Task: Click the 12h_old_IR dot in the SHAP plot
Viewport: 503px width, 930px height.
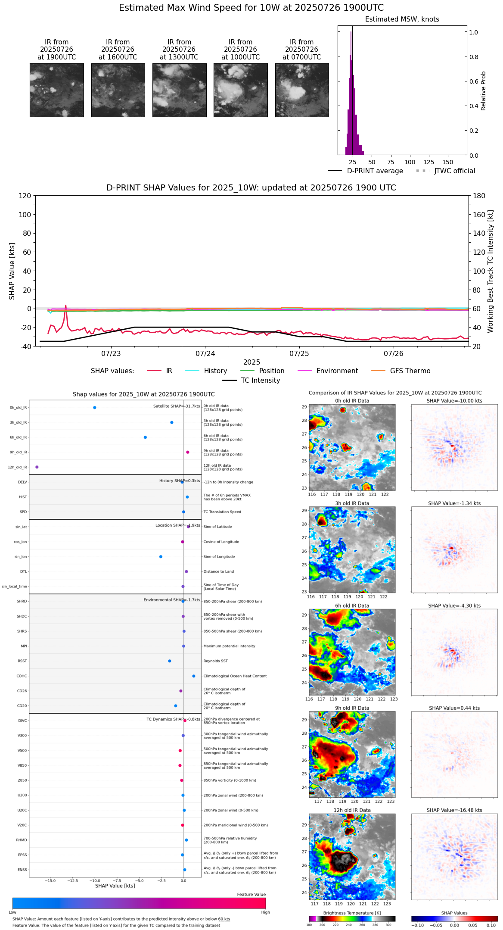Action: coord(37,467)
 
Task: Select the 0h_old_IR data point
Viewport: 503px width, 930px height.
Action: coord(95,407)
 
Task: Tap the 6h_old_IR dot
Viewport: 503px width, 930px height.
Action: coord(145,437)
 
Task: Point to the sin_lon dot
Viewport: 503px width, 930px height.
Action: coord(161,556)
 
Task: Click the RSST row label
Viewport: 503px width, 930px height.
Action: coord(22,661)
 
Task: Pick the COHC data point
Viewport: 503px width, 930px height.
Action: coord(194,676)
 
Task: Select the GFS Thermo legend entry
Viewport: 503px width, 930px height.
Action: coord(410,371)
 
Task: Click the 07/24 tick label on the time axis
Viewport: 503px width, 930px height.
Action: coord(205,353)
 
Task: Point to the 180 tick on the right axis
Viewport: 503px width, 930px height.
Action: coord(479,196)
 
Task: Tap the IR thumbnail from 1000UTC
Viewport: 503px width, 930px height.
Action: coord(240,90)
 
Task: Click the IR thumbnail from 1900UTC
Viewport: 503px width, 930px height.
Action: coord(57,90)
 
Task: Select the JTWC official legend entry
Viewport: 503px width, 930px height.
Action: coord(454,171)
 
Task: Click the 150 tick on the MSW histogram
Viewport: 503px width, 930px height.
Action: coord(448,162)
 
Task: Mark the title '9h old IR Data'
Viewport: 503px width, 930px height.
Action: coord(352,708)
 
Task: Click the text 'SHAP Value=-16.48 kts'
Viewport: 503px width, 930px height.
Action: coord(454,810)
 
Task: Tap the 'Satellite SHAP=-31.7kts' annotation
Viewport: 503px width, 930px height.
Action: coord(177,406)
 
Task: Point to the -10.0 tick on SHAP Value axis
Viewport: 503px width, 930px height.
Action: coord(95,880)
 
